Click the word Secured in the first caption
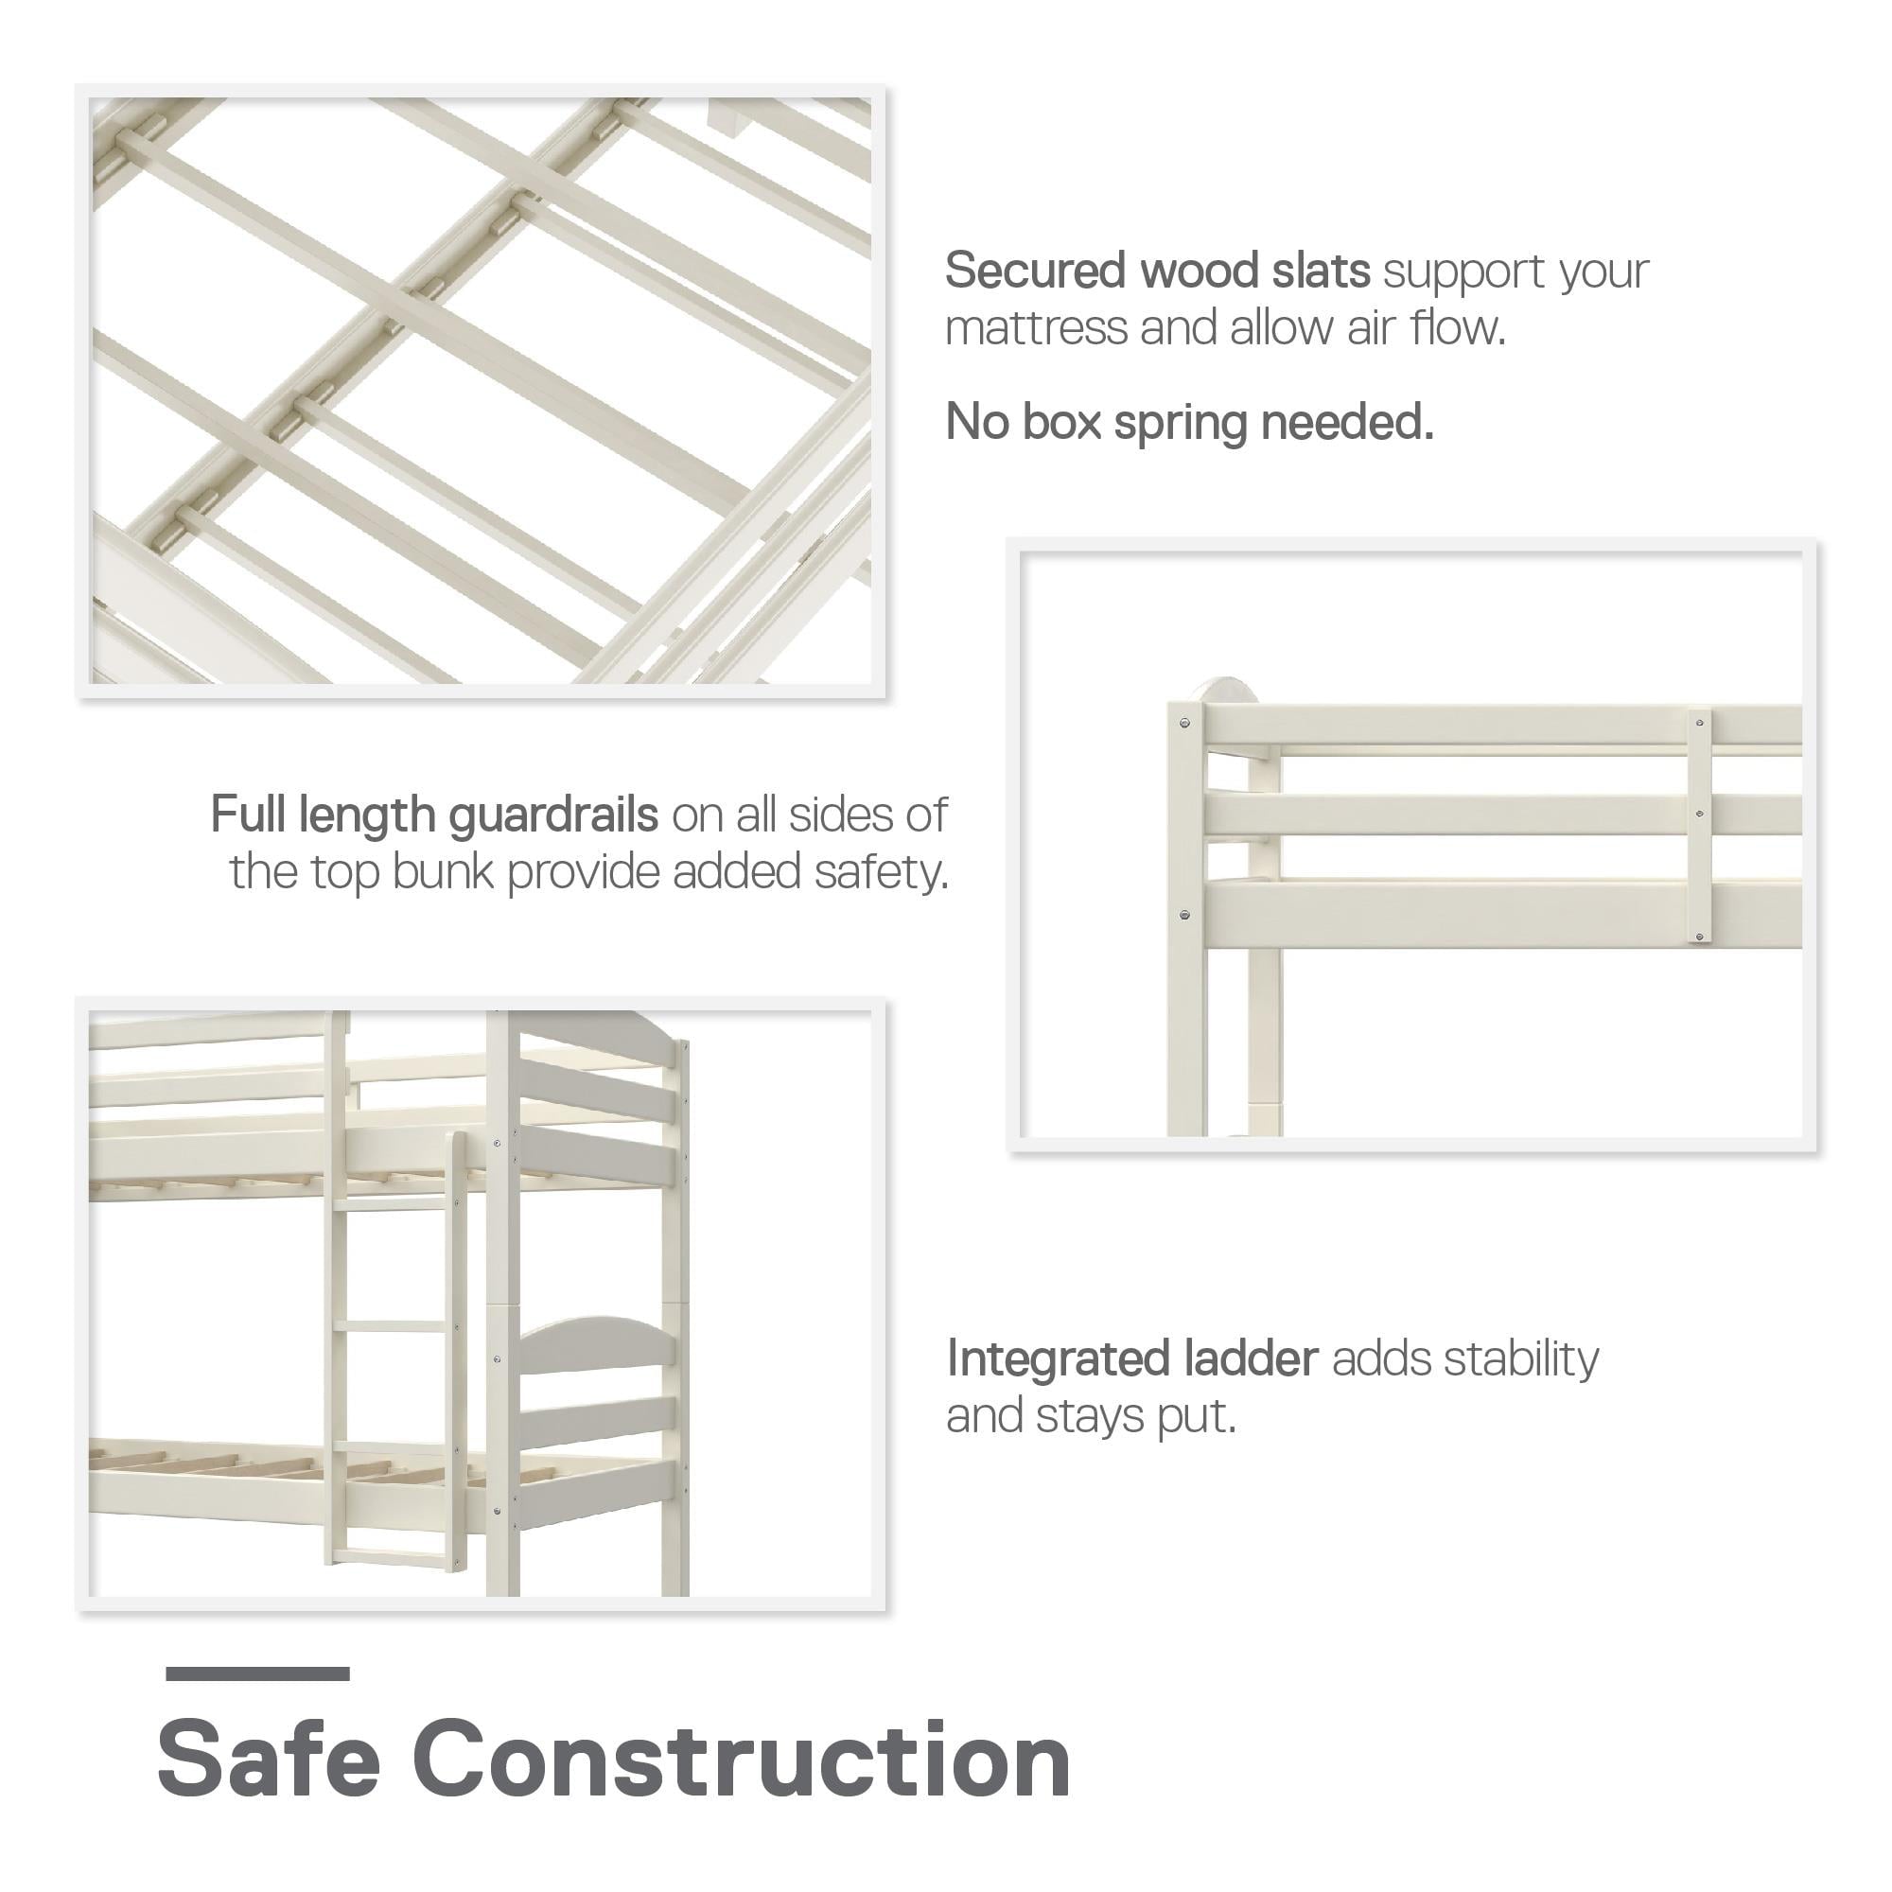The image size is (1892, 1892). click(x=1033, y=272)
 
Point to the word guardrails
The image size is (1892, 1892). click(x=553, y=815)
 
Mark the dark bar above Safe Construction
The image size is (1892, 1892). click(x=257, y=1674)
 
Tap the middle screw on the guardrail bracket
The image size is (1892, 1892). click(x=1699, y=814)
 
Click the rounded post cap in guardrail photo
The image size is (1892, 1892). click(x=1230, y=690)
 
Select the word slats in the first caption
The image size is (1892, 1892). click(x=1320, y=272)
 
